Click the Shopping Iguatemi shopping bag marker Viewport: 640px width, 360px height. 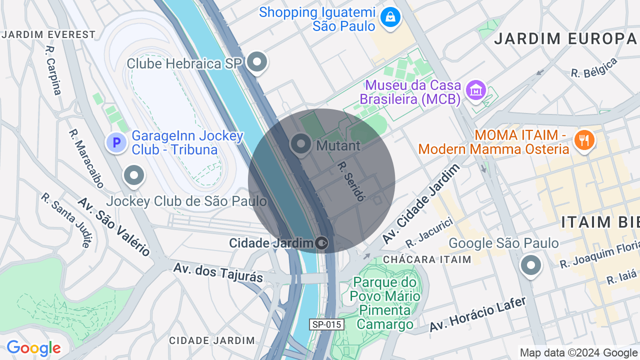(390, 18)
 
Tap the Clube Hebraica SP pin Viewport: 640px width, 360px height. (257, 62)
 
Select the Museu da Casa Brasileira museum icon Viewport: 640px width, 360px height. (475, 90)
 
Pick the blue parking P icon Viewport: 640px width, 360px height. (116, 143)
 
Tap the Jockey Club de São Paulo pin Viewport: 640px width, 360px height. (134, 175)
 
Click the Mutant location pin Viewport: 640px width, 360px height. (301, 144)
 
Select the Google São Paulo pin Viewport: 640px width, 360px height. (530, 264)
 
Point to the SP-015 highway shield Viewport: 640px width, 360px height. (326, 324)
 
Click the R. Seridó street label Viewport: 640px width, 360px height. (350, 181)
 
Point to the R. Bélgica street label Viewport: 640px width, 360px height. (594, 67)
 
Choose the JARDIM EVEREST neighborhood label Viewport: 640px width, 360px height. (48, 34)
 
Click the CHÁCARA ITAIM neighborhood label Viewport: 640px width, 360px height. (427, 259)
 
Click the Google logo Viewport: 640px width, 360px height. (33, 348)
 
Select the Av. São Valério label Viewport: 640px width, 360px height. (114, 226)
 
